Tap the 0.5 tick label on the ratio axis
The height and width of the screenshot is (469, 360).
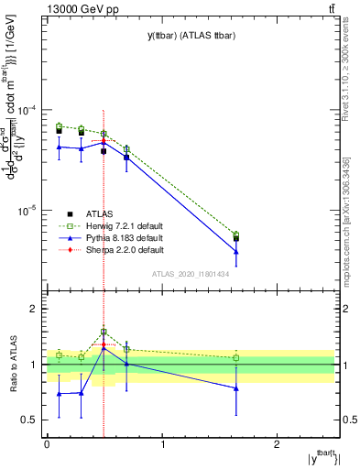(29, 420)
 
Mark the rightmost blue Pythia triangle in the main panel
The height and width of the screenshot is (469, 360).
(236, 252)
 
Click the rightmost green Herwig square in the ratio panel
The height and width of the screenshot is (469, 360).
(236, 357)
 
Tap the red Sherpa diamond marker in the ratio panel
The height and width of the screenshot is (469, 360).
(104, 344)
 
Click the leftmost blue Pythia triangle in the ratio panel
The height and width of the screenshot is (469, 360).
(59, 394)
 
